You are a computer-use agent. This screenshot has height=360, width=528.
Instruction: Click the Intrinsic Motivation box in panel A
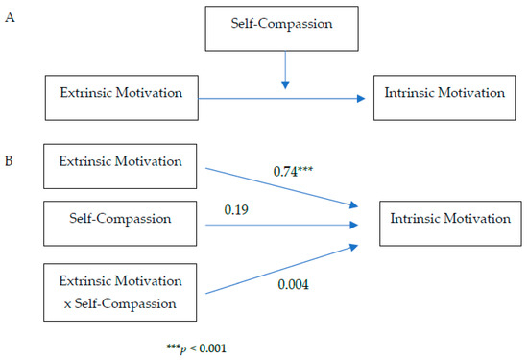[x=443, y=94]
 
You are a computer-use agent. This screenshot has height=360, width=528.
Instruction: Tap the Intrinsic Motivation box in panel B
[x=450, y=219]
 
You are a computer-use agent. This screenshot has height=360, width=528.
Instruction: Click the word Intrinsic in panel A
[x=405, y=94]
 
